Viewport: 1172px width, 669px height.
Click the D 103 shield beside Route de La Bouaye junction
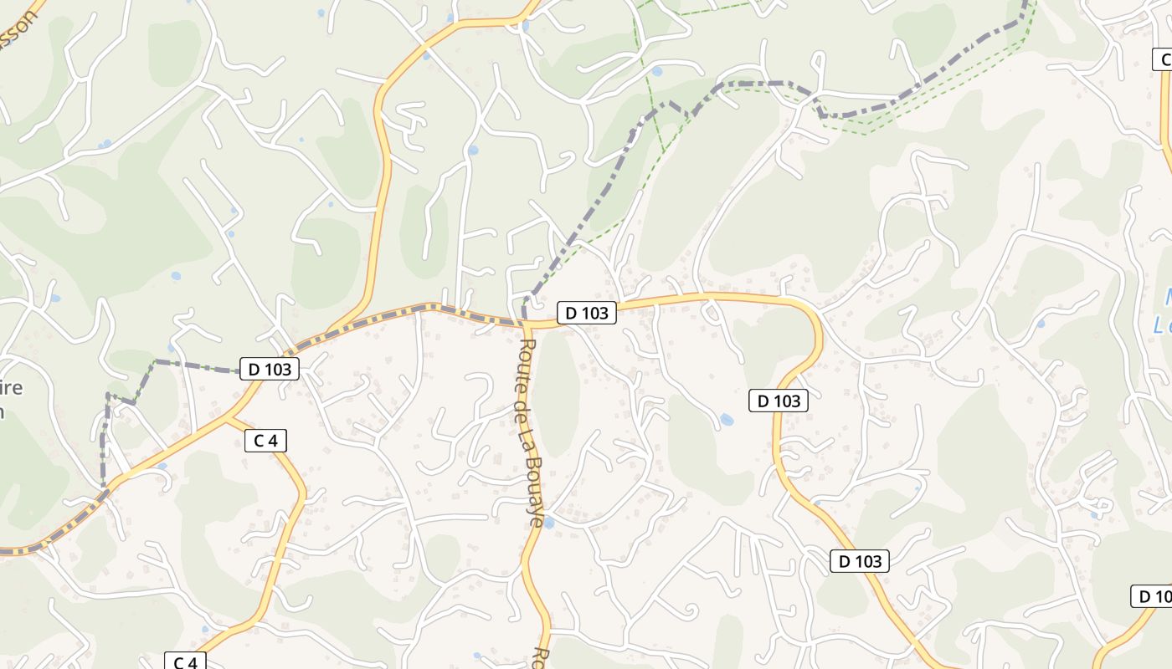tap(586, 313)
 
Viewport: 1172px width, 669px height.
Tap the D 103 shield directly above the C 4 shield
tap(269, 368)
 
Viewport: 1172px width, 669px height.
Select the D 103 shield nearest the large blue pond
tap(779, 401)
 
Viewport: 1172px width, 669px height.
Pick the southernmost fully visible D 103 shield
tap(859, 561)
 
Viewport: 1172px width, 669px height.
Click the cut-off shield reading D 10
tap(1152, 596)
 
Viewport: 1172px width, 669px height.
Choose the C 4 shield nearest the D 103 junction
tap(265, 440)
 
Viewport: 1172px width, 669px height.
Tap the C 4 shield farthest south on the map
tap(184, 661)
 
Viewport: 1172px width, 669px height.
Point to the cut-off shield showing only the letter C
tap(1163, 59)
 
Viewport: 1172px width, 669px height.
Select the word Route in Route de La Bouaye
tap(526, 358)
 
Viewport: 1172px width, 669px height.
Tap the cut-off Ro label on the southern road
tap(541, 657)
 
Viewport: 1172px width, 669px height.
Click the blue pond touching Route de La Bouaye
tap(548, 523)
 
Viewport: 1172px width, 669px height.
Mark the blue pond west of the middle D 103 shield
tap(726, 419)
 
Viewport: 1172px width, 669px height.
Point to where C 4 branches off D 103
tap(228, 419)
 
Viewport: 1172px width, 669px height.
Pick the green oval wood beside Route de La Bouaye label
tap(556, 393)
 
